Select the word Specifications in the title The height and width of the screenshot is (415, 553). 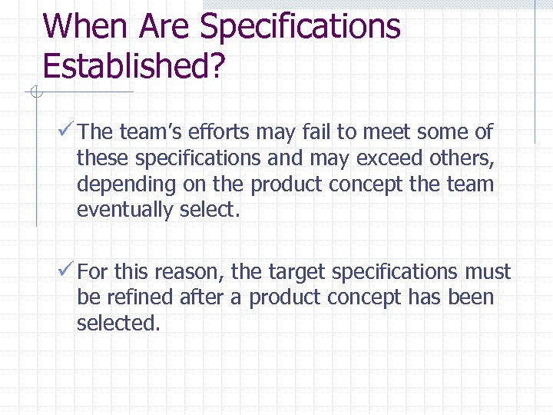(x=300, y=26)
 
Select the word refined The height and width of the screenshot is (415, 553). (x=141, y=297)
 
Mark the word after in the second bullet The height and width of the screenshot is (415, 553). (x=208, y=297)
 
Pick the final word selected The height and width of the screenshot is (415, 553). (x=118, y=324)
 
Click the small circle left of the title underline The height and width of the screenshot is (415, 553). (x=34, y=93)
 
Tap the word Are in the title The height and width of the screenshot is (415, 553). (x=165, y=26)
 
